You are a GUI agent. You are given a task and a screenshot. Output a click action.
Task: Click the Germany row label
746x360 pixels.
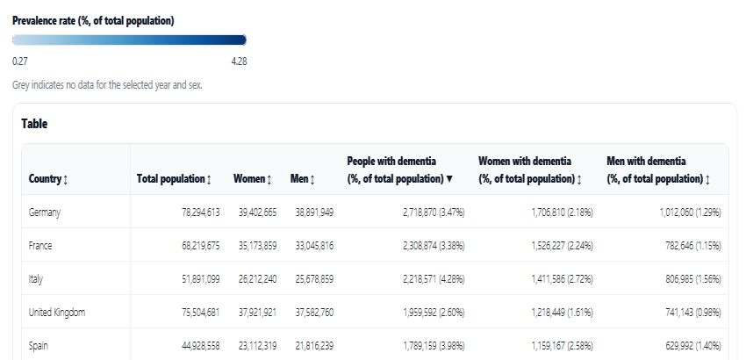coord(44,212)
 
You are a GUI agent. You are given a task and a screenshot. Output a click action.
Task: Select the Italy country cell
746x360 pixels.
coord(36,278)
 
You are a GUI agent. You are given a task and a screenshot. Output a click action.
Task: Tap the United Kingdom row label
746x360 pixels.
coord(57,312)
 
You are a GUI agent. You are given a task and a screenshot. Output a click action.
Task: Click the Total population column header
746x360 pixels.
coord(174,179)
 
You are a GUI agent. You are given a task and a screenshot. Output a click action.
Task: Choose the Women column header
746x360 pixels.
coord(252,179)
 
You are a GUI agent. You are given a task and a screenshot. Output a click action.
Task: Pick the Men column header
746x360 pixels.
coord(301,179)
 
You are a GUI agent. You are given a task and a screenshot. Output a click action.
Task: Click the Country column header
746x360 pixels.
coord(48,179)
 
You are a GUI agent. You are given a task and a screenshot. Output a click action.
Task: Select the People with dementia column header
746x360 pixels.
coord(399,169)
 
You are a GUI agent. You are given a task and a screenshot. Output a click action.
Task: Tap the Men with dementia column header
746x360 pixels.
coord(658,169)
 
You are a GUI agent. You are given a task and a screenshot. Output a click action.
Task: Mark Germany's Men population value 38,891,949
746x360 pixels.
coord(314,212)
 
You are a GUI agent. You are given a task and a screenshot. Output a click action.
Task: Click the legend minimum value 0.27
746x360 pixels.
coord(19,61)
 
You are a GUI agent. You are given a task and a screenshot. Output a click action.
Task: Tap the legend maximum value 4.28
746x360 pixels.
coord(239,61)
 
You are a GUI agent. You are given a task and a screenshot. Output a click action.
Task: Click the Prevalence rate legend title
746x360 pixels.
coord(93,20)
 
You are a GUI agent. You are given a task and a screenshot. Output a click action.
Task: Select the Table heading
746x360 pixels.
coord(34,124)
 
